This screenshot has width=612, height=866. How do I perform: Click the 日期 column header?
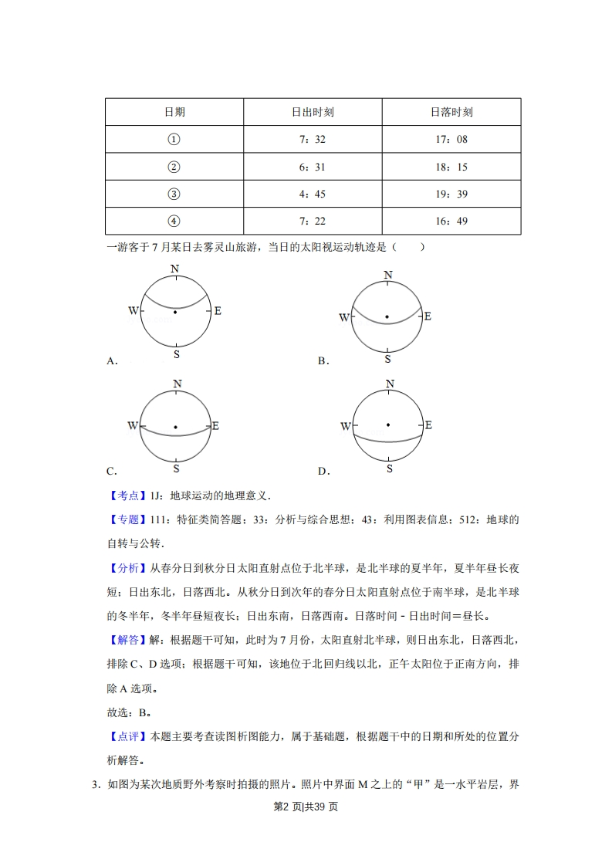(x=174, y=112)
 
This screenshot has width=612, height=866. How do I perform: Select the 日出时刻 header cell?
(x=313, y=112)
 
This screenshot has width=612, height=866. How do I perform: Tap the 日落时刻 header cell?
(x=451, y=112)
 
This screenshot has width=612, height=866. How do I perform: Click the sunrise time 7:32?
(x=313, y=140)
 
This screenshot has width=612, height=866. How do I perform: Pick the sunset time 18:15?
(x=451, y=167)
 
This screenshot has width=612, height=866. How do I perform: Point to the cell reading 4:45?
(x=313, y=194)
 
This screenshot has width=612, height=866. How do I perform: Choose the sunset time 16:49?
(x=451, y=222)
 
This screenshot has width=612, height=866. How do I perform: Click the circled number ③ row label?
(x=174, y=194)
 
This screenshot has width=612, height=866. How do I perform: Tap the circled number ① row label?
(x=174, y=140)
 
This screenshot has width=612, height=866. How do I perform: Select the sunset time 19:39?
(x=451, y=194)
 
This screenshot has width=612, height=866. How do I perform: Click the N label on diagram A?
(x=175, y=269)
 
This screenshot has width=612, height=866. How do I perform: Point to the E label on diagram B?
(x=428, y=316)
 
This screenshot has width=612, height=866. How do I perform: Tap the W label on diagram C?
(x=133, y=426)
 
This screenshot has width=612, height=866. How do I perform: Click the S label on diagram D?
(x=389, y=469)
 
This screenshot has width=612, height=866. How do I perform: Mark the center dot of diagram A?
(x=176, y=312)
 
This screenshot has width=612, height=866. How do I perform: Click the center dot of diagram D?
(x=387, y=425)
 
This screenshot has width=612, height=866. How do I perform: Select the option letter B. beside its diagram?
(x=323, y=360)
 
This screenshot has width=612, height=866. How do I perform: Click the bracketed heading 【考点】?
(x=124, y=496)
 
